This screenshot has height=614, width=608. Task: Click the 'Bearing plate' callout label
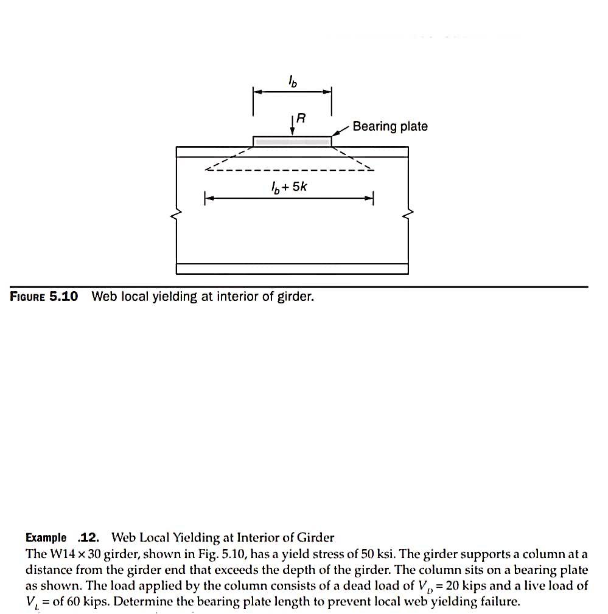[x=390, y=126]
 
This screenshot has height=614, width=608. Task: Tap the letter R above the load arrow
[x=299, y=120]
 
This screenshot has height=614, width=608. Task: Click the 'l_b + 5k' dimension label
[x=289, y=187]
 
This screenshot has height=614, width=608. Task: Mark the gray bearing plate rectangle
[x=292, y=142]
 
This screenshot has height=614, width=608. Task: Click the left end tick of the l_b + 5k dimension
[x=205, y=198]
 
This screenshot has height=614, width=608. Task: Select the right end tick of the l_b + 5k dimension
[x=372, y=198]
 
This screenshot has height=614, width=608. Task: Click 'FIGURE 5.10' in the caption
[x=44, y=297]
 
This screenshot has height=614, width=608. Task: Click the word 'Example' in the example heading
[x=46, y=537]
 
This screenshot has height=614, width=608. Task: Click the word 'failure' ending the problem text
[x=501, y=602]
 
